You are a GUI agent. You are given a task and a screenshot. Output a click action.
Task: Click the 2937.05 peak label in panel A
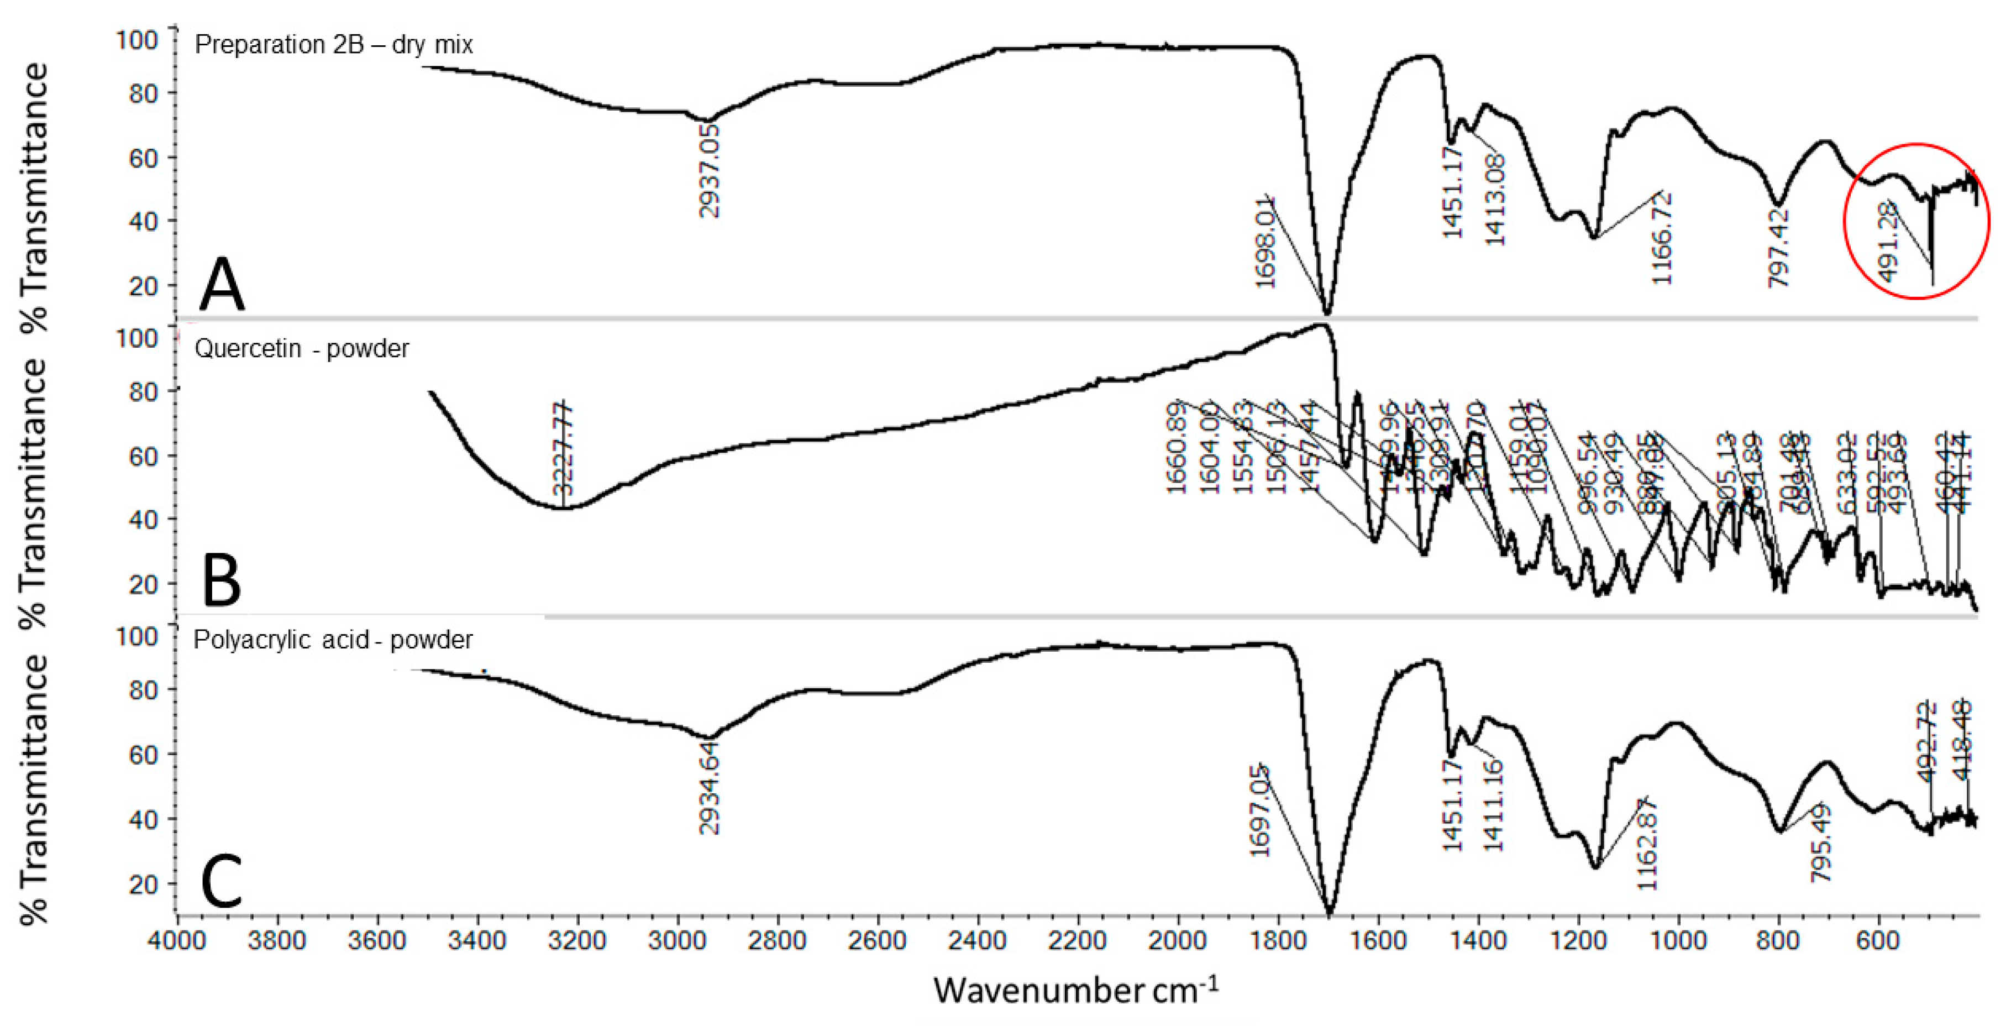tap(710, 170)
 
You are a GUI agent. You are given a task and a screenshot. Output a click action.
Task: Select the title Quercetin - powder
tap(301, 348)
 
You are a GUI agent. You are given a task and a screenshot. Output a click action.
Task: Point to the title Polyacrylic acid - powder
tap(333, 640)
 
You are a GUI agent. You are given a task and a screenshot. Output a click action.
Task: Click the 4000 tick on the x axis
tap(178, 940)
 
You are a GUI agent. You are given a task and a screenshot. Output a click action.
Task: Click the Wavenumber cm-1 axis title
tap(1075, 990)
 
